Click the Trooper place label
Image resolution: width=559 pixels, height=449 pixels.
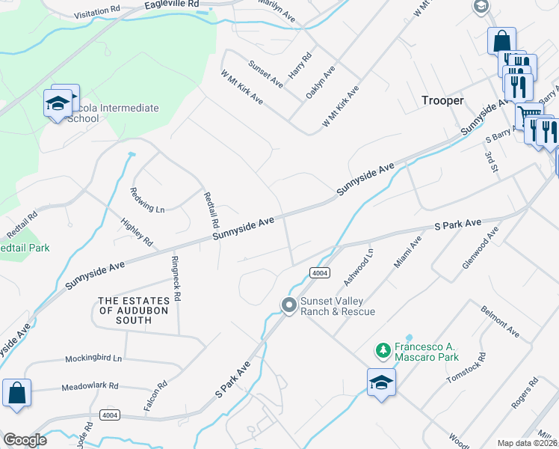tap(443, 100)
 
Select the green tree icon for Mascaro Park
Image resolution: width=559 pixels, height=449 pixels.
tap(383, 350)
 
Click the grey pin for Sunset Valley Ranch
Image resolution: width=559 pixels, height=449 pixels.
tap(288, 305)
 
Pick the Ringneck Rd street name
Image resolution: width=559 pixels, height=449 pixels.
tap(176, 275)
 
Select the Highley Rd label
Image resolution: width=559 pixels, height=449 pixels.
tap(137, 232)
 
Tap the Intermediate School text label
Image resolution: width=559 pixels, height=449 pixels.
tap(109, 113)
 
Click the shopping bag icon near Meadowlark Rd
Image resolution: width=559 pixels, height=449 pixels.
tap(16, 394)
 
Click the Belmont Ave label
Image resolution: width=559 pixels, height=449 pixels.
tap(500, 320)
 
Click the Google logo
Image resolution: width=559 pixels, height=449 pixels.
tap(25, 440)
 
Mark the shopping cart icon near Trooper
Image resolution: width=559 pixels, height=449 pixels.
tap(529, 117)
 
